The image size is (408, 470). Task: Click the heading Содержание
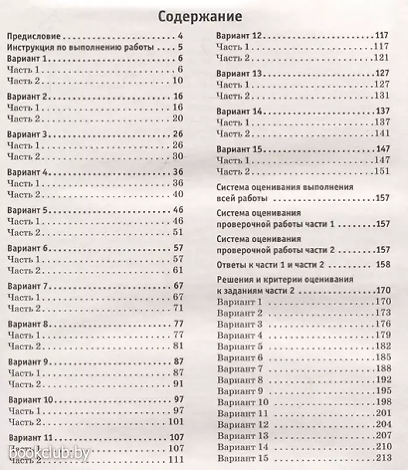200,16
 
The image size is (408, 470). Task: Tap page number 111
175,460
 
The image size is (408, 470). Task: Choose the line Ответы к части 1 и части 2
275,265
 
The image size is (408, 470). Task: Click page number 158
382,265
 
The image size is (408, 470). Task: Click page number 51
178,232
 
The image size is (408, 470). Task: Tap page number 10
178,81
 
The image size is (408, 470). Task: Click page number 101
175,422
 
